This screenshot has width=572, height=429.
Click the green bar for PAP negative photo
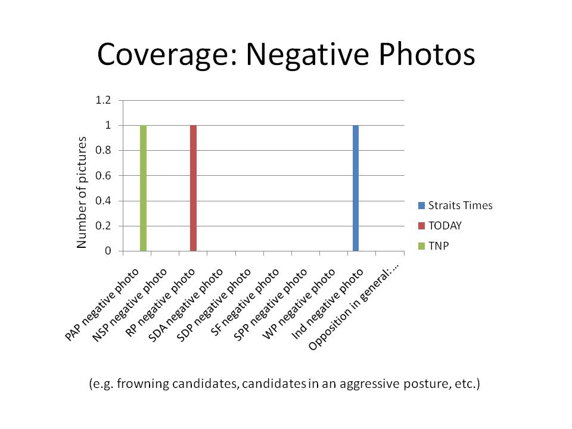tap(143, 188)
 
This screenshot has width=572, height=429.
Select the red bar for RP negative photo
tap(193, 188)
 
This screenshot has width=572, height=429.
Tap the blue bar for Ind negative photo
tap(356, 188)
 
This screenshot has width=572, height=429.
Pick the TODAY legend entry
tap(444, 225)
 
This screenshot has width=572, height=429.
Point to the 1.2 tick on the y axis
tap(103, 100)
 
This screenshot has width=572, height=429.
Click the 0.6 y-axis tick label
tap(103, 176)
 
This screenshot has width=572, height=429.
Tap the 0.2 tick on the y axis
tap(103, 226)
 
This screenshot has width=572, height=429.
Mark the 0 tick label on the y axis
tap(108, 251)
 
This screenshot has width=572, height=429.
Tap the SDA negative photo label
tap(187, 304)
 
